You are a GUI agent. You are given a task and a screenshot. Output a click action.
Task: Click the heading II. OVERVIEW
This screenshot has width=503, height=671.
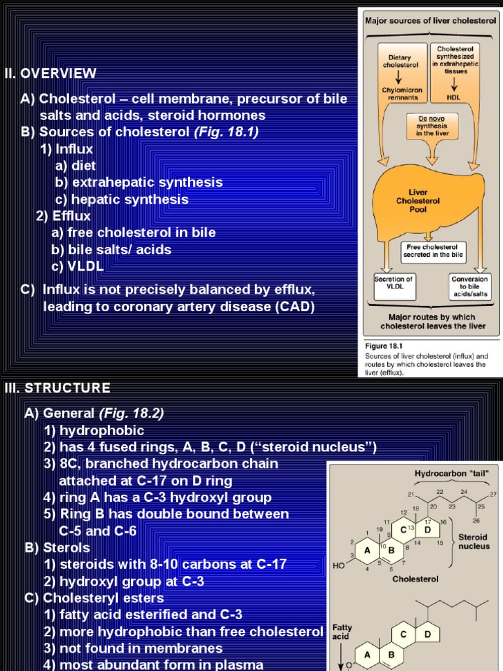pyautogui.click(x=50, y=73)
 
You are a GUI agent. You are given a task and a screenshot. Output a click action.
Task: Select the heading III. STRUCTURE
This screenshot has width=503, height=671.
pyautogui.click(x=57, y=388)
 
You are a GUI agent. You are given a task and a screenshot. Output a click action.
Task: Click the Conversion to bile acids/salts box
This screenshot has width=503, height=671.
pyautogui.click(x=470, y=286)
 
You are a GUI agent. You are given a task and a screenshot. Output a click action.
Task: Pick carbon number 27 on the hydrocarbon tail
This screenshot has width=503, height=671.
pyautogui.click(x=493, y=494)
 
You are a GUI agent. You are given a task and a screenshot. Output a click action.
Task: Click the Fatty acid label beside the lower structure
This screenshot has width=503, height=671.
pyautogui.click(x=342, y=632)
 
